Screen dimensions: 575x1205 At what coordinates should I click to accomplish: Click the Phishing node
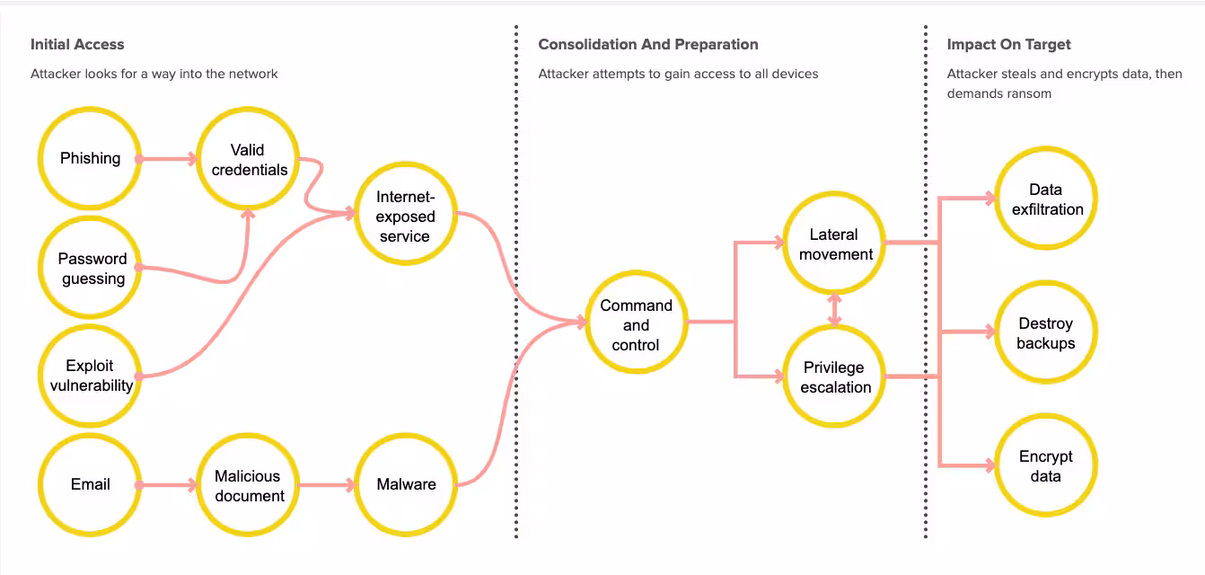tap(90, 159)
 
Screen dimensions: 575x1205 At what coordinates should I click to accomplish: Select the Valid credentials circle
tap(249, 160)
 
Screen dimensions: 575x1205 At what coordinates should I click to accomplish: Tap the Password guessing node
tap(91, 268)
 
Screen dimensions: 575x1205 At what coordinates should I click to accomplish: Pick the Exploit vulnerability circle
tap(90, 376)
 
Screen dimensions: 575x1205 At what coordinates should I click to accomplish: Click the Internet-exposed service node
tap(405, 216)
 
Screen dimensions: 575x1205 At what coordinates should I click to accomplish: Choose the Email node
tap(90, 484)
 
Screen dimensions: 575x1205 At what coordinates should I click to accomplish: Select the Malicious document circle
tap(249, 485)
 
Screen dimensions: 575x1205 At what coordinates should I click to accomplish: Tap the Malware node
tap(406, 484)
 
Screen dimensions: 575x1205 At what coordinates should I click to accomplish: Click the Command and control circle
tap(636, 324)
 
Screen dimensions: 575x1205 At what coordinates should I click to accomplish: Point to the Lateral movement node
tap(835, 243)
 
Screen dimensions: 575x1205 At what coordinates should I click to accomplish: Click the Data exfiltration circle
tap(1046, 199)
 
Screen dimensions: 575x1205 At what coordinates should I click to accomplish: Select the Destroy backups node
tap(1045, 332)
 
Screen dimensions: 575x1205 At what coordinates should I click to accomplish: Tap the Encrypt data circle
tap(1045, 465)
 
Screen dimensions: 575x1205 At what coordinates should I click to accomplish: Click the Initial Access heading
tap(77, 44)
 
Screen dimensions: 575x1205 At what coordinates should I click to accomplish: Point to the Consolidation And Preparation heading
tap(647, 44)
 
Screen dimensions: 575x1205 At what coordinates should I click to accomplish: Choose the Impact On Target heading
tap(1008, 44)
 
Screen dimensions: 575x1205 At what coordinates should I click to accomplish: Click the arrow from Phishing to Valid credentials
tap(169, 160)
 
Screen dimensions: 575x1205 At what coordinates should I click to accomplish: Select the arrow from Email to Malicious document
tap(169, 485)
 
